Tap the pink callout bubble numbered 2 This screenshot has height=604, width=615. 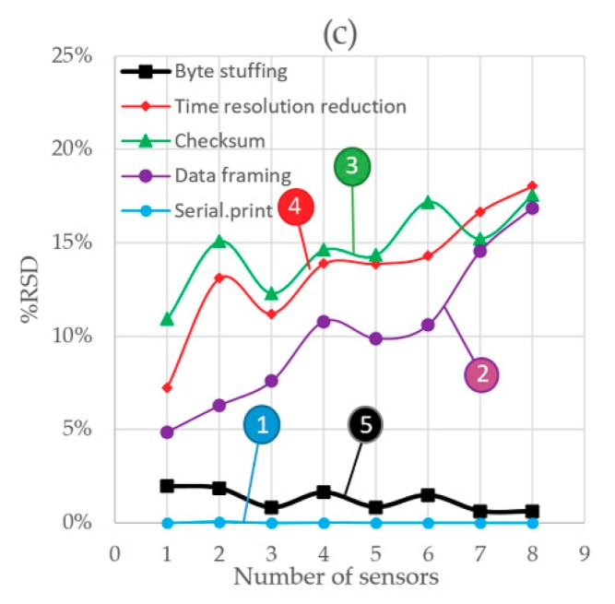[x=482, y=373]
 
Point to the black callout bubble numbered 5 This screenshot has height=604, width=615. [x=365, y=424]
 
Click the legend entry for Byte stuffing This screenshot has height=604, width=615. [x=217, y=71]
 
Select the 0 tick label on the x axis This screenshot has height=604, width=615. [x=115, y=553]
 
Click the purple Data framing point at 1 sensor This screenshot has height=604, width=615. [x=167, y=432]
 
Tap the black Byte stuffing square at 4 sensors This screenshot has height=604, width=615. [x=324, y=492]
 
